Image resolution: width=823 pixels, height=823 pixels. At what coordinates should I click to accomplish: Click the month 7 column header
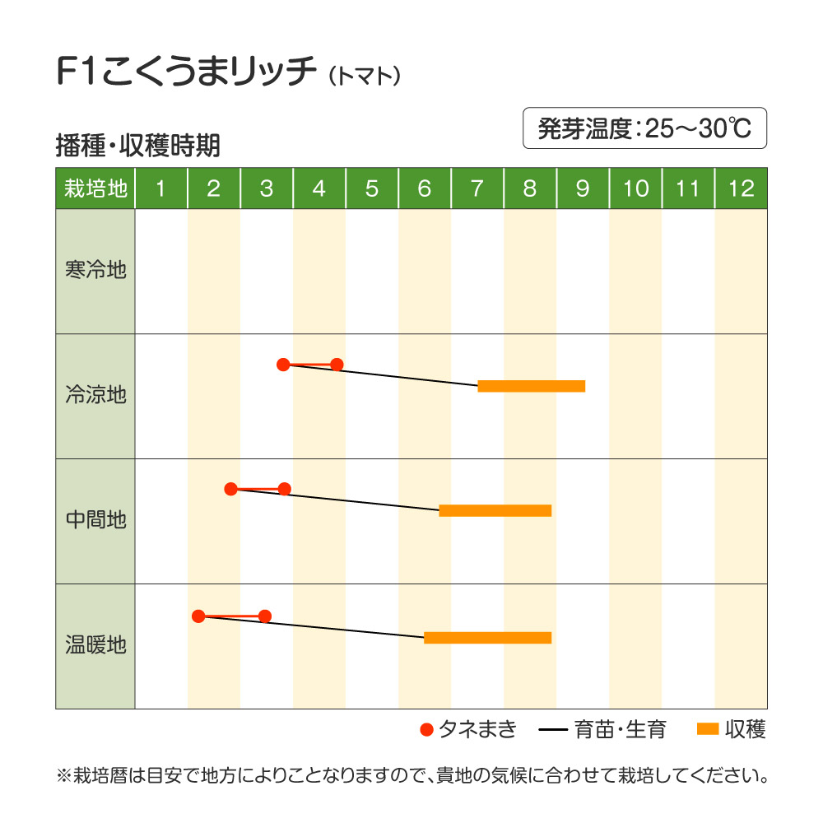(477, 188)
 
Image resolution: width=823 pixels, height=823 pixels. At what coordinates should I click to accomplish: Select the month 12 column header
(741, 188)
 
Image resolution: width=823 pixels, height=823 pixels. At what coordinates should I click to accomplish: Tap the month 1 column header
(160, 188)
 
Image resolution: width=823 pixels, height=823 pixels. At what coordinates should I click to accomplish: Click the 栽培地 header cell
(95, 188)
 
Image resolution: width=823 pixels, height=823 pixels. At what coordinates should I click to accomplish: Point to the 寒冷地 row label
(95, 270)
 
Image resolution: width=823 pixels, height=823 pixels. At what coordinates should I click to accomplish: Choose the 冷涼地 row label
(95, 395)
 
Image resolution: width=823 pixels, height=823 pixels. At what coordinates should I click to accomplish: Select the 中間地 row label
(95, 520)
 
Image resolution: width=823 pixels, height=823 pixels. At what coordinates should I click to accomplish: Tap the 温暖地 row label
(95, 645)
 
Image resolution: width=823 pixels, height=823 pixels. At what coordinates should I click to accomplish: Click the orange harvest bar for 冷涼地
(532, 386)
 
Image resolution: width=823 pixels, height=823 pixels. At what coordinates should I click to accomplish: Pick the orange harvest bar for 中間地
(495, 510)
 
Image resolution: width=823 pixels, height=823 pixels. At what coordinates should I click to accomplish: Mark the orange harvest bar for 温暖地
(487, 637)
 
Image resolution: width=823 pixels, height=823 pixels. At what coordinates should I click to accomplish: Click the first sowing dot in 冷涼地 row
(283, 364)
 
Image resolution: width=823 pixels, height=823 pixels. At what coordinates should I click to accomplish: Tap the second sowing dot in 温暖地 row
(265, 616)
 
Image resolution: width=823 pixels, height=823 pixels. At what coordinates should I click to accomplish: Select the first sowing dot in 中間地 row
(231, 489)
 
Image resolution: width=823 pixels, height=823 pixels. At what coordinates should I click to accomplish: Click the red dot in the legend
(426, 729)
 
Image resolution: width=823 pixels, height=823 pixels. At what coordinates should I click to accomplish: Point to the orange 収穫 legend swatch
(708, 728)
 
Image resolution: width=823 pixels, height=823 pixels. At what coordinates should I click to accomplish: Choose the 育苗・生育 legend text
(621, 729)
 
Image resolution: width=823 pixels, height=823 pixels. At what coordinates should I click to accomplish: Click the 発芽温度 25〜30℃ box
(644, 128)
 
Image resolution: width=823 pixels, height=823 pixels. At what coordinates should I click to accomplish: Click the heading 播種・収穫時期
(137, 146)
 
